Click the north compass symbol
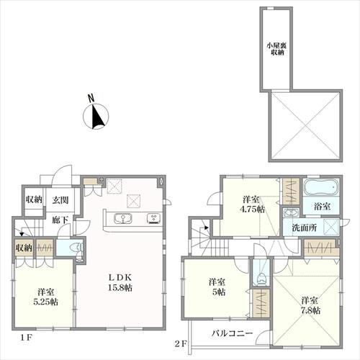point(96,114)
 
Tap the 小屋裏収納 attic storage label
point(276,49)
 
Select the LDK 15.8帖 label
point(120,282)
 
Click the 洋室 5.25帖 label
point(45,297)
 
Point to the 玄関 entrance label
point(60,199)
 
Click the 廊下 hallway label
point(60,220)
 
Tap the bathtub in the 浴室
point(321,187)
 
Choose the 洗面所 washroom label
point(305,228)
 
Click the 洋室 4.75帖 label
point(252,204)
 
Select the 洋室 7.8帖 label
point(310,305)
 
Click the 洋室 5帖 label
point(217,287)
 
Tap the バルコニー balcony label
point(232,333)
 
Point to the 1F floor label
point(26,338)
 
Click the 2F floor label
point(181,344)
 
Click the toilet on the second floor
point(261,279)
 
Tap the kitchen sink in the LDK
point(123,218)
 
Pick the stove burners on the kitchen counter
point(154,218)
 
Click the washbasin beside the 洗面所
point(291,212)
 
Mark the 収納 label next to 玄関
point(35,199)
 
